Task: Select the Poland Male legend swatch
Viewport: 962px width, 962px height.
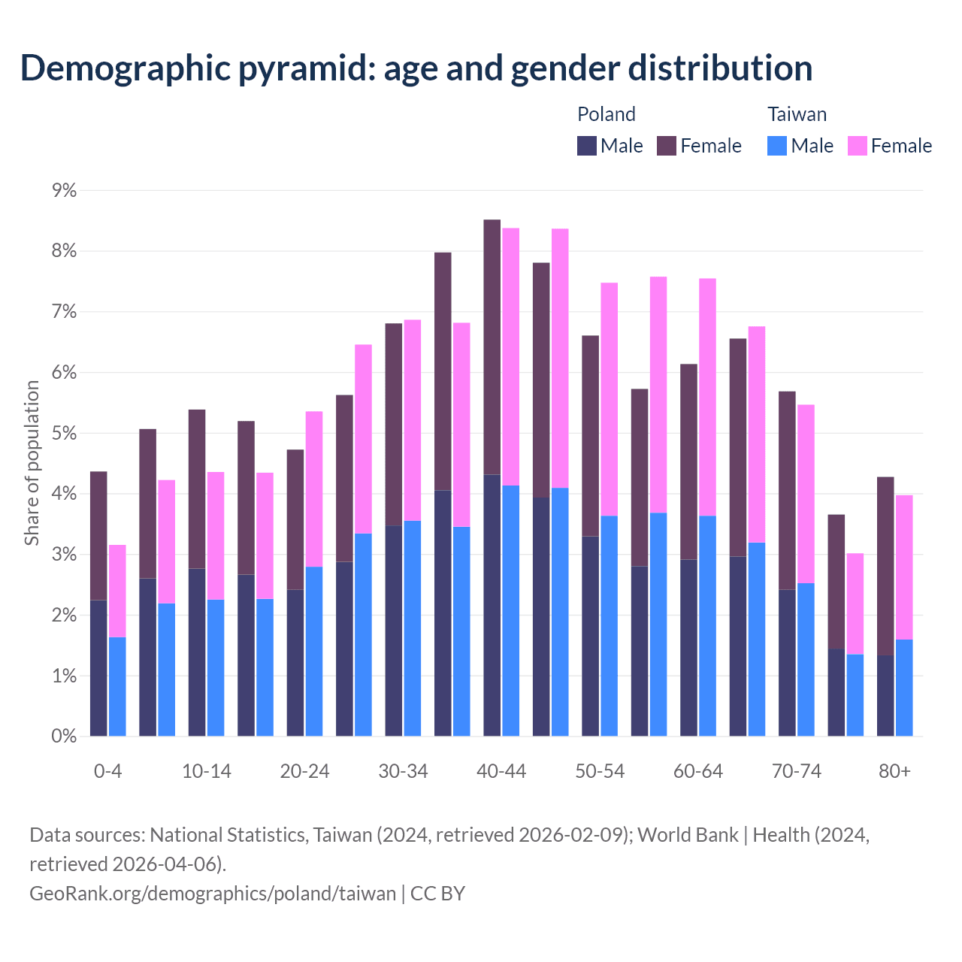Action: tap(587, 146)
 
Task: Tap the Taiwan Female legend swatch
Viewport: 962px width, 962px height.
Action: tap(857, 146)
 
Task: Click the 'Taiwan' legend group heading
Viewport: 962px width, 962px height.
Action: tap(797, 114)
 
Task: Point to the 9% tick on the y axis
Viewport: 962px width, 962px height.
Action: tap(64, 191)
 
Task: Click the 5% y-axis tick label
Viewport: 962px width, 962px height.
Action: tap(64, 434)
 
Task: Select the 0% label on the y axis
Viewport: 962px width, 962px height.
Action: tap(64, 737)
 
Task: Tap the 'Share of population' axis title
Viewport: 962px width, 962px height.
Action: tap(32, 463)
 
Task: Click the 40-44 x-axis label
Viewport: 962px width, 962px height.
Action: tap(501, 772)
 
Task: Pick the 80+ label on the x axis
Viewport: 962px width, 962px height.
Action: tap(894, 772)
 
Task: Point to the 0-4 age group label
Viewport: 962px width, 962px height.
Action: tap(107, 772)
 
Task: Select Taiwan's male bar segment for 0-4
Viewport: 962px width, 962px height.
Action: tap(117, 686)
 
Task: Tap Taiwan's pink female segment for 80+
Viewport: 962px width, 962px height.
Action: tap(904, 567)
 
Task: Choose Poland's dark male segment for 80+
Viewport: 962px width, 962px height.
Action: tap(885, 695)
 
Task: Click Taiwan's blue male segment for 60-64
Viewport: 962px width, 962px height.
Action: tap(707, 626)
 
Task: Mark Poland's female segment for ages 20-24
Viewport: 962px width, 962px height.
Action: tap(295, 519)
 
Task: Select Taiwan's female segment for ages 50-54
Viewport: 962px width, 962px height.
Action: tap(609, 399)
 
